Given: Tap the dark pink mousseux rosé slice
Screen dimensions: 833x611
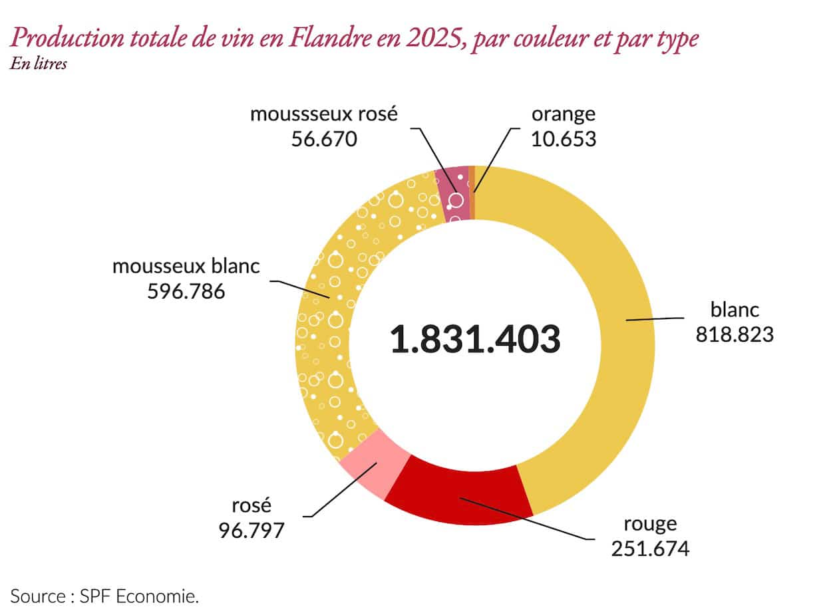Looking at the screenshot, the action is (x=453, y=194).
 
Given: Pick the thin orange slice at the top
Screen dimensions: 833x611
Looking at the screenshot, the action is (x=472, y=193).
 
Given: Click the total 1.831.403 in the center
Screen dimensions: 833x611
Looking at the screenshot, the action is (x=475, y=339).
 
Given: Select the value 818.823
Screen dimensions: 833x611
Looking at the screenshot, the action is (x=735, y=334).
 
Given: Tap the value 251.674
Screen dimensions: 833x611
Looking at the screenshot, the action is (x=650, y=549).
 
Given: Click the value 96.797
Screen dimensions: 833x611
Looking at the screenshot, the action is (x=251, y=531).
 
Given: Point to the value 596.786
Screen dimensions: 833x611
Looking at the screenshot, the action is (x=186, y=291).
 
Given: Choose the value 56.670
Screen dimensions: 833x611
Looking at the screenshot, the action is (x=324, y=139).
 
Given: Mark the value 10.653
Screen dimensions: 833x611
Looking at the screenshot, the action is (x=564, y=139).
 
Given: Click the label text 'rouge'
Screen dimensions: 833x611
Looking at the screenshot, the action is (x=650, y=525).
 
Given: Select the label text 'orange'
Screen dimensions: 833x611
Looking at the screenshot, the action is (x=564, y=114).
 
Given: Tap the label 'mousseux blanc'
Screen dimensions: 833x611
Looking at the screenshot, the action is (x=186, y=266).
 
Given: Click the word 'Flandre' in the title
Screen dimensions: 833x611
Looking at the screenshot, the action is (x=330, y=38).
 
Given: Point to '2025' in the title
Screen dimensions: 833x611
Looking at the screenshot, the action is (x=433, y=39).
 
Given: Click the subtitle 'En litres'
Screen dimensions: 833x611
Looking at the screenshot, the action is (x=39, y=64).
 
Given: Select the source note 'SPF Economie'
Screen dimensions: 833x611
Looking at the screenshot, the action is (x=138, y=596).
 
